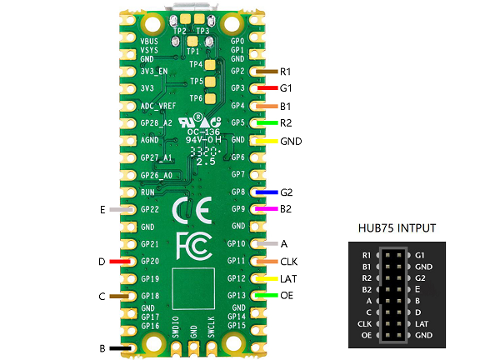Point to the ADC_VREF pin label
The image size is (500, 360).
click(x=158, y=106)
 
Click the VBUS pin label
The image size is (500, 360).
click(x=149, y=40)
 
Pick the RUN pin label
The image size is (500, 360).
click(x=147, y=192)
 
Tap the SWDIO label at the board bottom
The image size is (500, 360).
click(x=176, y=326)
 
